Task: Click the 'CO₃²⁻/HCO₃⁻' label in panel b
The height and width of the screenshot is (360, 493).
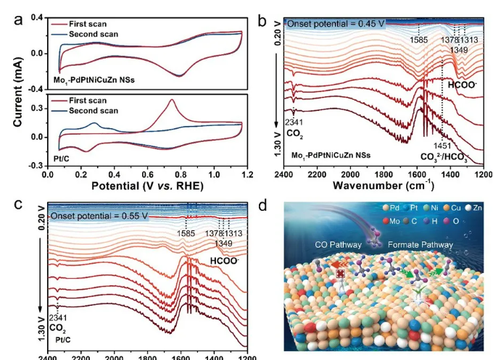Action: [x=445, y=157]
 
